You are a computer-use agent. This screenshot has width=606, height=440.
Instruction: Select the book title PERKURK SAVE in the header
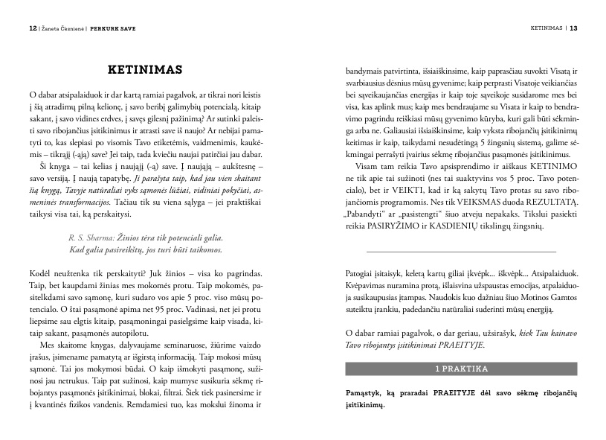[x=113, y=29]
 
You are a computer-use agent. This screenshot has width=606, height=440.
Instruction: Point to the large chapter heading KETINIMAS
[x=145, y=70]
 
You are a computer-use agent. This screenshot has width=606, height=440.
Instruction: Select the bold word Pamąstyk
[x=367, y=392]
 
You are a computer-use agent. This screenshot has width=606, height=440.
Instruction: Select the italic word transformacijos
[x=90, y=201]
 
